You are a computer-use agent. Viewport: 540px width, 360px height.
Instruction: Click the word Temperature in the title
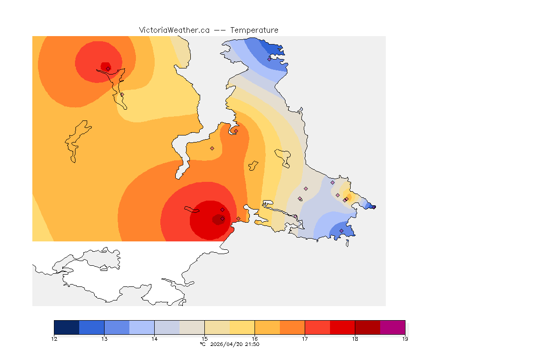point(254,30)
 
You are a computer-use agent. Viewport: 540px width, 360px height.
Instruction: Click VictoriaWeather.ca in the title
point(174,30)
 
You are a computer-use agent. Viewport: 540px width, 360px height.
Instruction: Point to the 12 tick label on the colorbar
point(54,338)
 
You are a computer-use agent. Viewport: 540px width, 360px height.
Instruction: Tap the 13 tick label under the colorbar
point(104,338)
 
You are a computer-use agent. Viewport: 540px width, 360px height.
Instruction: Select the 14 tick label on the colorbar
point(154,338)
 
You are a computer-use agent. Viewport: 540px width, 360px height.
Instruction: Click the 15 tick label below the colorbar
point(204,338)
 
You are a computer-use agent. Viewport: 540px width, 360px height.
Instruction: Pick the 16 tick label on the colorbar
point(255,338)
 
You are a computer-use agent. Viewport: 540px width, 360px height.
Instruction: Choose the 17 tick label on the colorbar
point(305,338)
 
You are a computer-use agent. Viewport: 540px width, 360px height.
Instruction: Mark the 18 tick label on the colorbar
point(355,338)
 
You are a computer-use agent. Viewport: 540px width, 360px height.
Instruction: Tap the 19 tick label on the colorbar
point(405,338)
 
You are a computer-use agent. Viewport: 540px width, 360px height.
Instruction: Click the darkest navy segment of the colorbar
point(67,327)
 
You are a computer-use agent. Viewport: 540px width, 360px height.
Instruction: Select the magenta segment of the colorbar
point(392,327)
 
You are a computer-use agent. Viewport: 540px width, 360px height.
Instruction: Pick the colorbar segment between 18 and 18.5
point(367,327)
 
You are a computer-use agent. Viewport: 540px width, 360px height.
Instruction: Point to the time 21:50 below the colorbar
point(252,344)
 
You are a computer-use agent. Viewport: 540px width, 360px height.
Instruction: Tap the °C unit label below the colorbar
point(202,344)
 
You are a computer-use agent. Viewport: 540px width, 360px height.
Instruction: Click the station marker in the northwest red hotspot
point(108,68)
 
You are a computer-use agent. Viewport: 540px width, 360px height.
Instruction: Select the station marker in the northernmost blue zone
point(270,59)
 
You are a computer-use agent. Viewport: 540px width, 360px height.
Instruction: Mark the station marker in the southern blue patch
point(341,231)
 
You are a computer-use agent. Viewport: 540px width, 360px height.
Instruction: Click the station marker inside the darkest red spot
point(222,218)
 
